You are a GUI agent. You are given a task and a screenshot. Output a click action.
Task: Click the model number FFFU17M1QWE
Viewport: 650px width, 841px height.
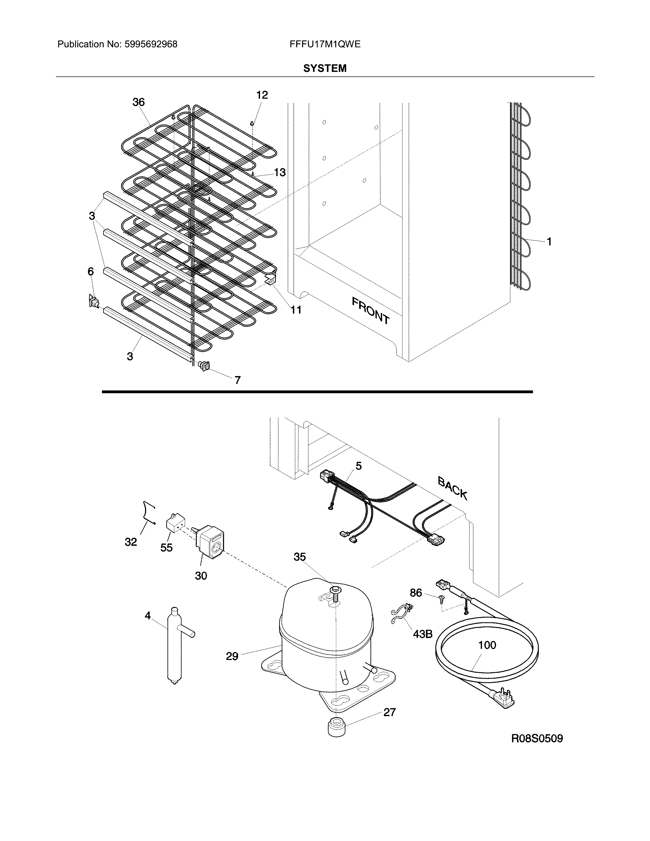click(325, 44)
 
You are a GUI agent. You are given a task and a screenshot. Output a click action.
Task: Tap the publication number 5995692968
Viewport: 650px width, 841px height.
click(151, 44)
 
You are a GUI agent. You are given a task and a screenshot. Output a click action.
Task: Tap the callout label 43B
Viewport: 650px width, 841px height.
click(422, 634)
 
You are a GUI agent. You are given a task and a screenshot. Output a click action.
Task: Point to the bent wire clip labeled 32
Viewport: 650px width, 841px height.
click(148, 512)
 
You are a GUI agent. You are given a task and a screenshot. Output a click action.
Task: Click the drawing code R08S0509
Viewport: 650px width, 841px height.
click(537, 739)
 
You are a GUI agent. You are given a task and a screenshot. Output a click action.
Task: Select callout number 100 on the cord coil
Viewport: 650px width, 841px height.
click(487, 645)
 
